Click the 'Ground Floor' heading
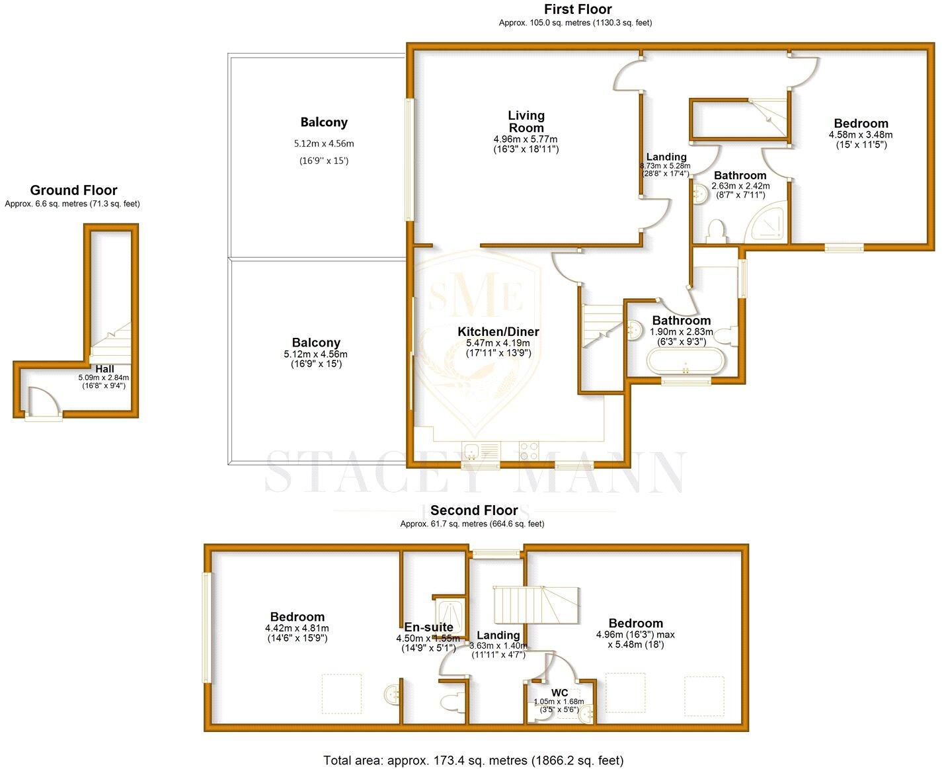pos(73,190)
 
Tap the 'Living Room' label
pos(526,122)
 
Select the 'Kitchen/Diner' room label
pos(498,332)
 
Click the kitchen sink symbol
pos(472,452)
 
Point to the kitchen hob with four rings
pos(529,451)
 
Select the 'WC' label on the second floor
pos(559,693)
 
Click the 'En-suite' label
pos(428,627)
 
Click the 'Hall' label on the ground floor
pos(104,369)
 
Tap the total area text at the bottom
pos(473,760)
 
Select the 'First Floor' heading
pos(577,9)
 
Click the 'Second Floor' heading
pos(474,510)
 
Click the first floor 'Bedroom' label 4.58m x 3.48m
pos(861,124)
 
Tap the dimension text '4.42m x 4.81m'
pos(297,628)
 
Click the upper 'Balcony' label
pos(323,122)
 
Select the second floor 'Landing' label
pos(498,635)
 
